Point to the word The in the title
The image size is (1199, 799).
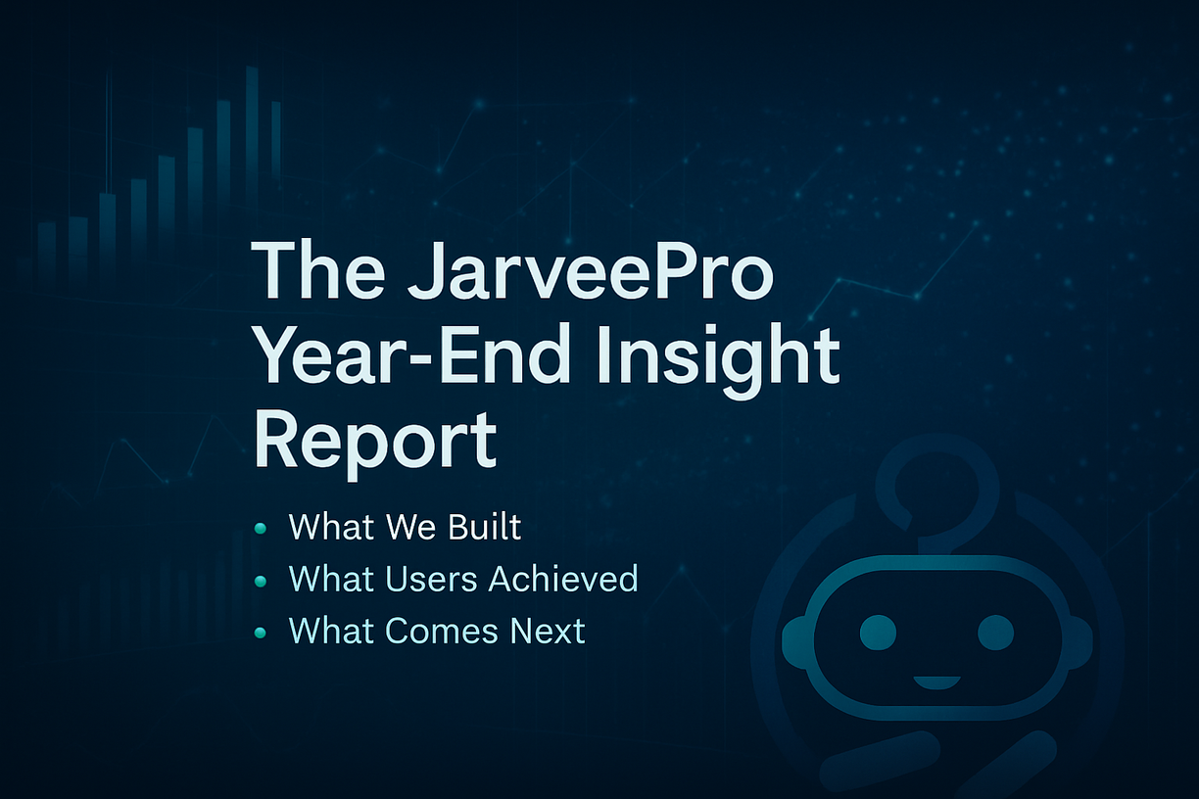click(318, 270)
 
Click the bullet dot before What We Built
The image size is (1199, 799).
click(261, 529)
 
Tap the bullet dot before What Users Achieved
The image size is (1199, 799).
click(261, 581)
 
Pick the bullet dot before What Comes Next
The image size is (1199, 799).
click(261, 633)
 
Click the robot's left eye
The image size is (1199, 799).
click(878, 633)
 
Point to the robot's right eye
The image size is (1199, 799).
click(995, 633)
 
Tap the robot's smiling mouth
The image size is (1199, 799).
click(936, 682)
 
